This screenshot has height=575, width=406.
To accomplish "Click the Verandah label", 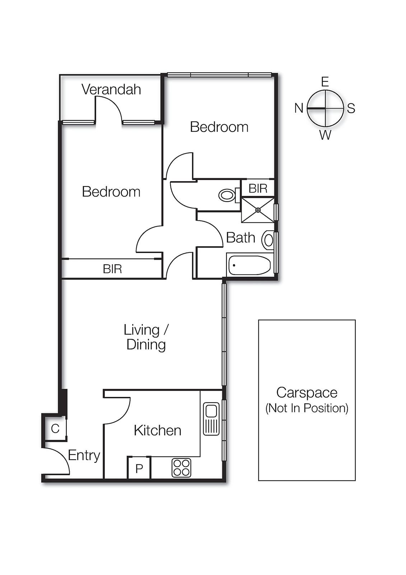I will coord(111,89).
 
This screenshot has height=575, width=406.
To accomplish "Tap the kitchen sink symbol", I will coord(211,419).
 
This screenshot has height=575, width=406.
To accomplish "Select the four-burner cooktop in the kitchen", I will coord(181,468).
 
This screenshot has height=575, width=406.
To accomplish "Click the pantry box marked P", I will coord(139,468).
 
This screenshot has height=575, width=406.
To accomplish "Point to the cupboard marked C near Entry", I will coord(55,428).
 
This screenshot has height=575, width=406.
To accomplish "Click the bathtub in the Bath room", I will coord(249,265).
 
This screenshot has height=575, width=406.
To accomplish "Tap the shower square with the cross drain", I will coord(258,210).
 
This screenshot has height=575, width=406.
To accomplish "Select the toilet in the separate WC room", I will coord(227,195).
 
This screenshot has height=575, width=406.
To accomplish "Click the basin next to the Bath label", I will coord(268,240).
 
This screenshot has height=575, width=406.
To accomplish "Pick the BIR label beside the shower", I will coord(258,188).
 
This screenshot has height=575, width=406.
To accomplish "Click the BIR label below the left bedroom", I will coord(112,269).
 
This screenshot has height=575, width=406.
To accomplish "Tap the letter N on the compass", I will coord(299,108).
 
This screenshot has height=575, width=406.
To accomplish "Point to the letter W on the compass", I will coord(325,135).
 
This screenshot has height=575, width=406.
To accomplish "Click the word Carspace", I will coord(307,392).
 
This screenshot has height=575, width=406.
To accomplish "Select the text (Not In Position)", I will coord(307,408).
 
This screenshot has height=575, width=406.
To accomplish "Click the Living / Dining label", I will coord(146,337).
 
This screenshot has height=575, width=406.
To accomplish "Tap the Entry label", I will coord(84,455).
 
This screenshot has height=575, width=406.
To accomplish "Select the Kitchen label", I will coord(157,430).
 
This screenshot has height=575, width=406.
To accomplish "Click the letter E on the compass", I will coord(325,82).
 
